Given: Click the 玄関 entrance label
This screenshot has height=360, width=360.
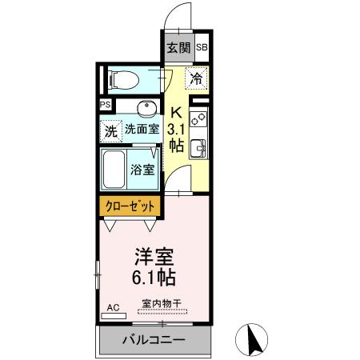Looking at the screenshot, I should point(178,47).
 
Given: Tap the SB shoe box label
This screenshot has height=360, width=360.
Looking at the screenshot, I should point(202,48).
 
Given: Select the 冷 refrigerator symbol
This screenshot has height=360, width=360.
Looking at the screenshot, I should point(197,78).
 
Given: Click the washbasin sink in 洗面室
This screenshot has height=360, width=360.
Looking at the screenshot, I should point(145,108).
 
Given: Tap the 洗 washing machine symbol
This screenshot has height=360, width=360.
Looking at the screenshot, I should point(110,128).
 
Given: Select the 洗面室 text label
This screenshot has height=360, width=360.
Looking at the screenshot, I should point(141,128).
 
